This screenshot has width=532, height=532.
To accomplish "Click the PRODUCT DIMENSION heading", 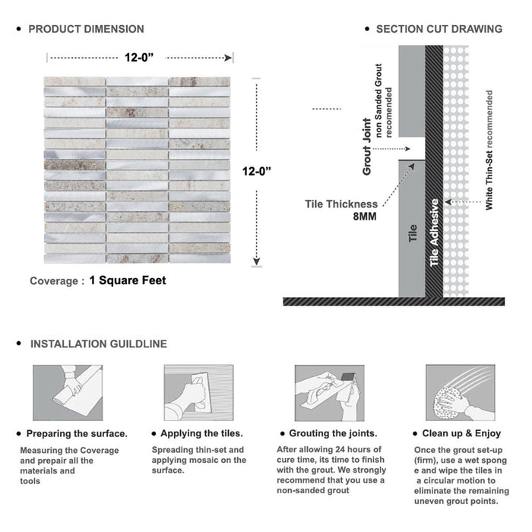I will tap(86, 30).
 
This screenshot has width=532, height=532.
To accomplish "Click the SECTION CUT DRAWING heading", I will tap(439, 30).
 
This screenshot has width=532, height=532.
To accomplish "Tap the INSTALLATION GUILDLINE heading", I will tap(98, 344).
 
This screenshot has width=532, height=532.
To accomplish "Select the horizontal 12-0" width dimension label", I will tap(141, 55).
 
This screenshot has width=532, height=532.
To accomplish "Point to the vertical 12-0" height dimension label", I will tap(258, 172).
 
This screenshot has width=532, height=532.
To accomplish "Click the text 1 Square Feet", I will tap(128, 280).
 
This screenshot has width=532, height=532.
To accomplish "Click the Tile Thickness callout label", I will tap(341, 204).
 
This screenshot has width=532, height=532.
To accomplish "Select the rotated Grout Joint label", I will tap(366, 147).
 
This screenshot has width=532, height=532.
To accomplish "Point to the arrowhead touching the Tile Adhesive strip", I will tap(448, 201).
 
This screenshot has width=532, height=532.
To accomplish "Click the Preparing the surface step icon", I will tap(66, 392).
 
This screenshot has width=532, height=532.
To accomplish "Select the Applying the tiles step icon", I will tap(198, 392).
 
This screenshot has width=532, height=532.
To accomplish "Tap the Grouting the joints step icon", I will tap(328, 392).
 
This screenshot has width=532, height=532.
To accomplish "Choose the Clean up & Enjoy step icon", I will tap(458, 392).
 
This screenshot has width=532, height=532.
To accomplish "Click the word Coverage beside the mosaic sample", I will tap(53, 281).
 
